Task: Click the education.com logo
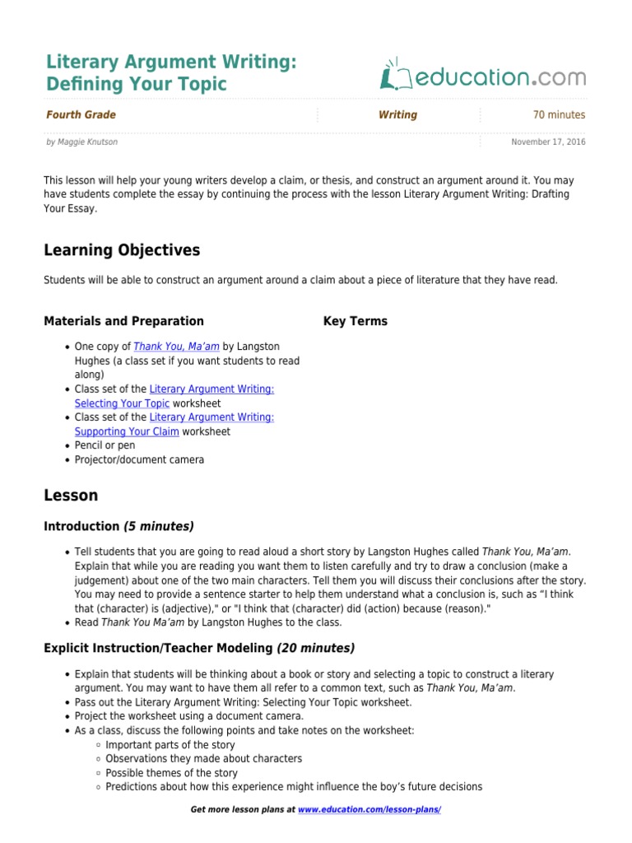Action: pyautogui.click(x=483, y=77)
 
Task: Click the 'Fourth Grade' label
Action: pyautogui.click(x=81, y=115)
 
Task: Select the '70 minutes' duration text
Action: pyautogui.click(x=559, y=115)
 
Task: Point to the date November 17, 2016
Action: pyautogui.click(x=548, y=142)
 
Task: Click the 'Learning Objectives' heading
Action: pyautogui.click(x=122, y=249)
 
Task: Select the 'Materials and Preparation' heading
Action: pyautogui.click(x=123, y=321)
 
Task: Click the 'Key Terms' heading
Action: pyautogui.click(x=355, y=321)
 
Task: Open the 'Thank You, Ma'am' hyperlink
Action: pyautogui.click(x=176, y=347)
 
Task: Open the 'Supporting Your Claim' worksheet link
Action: pyautogui.click(x=127, y=431)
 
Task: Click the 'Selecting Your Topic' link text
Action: pyautogui.click(x=122, y=403)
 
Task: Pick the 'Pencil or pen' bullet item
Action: pyautogui.click(x=105, y=445)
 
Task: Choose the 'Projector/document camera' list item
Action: pyautogui.click(x=139, y=459)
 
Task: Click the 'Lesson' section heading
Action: pyautogui.click(x=71, y=496)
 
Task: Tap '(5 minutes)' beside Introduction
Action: pyautogui.click(x=159, y=526)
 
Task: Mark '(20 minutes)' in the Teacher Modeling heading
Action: pyautogui.click(x=316, y=649)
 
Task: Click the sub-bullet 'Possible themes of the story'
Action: pyautogui.click(x=171, y=773)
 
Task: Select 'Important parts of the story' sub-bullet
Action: pyautogui.click(x=170, y=744)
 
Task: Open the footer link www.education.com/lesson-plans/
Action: pyautogui.click(x=369, y=810)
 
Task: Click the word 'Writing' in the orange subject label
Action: pyautogui.click(x=397, y=115)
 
